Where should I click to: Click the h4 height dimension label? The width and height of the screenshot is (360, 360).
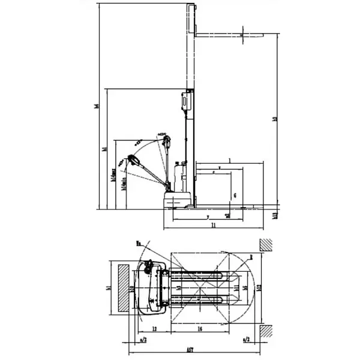coord(97,107)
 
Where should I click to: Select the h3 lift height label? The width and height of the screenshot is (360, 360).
coord(275,119)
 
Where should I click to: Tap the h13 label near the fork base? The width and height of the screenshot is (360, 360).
coord(275,214)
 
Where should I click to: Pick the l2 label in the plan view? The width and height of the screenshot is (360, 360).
coord(154,329)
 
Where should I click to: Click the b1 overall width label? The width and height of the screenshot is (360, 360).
coord(106,287)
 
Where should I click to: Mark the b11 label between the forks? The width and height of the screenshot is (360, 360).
coord(236,288)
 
